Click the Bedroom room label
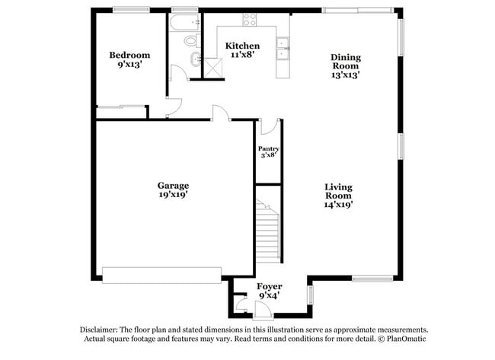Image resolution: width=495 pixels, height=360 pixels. pos(129,55)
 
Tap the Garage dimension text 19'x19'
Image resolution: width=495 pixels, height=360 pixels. pos(174,195)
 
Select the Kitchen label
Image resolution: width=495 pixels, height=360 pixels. pos(242,46)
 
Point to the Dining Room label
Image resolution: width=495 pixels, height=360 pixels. pos(345,57)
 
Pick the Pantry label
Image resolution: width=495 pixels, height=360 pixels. pos(268,148)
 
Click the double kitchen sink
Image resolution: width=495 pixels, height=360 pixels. pos(284,46)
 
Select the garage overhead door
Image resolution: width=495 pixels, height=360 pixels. pos(162,275)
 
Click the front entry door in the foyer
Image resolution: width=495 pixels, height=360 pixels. pos(262,311)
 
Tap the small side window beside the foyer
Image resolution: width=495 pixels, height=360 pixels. pos(310,294)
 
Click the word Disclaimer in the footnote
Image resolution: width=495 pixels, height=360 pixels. pos(101,330)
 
